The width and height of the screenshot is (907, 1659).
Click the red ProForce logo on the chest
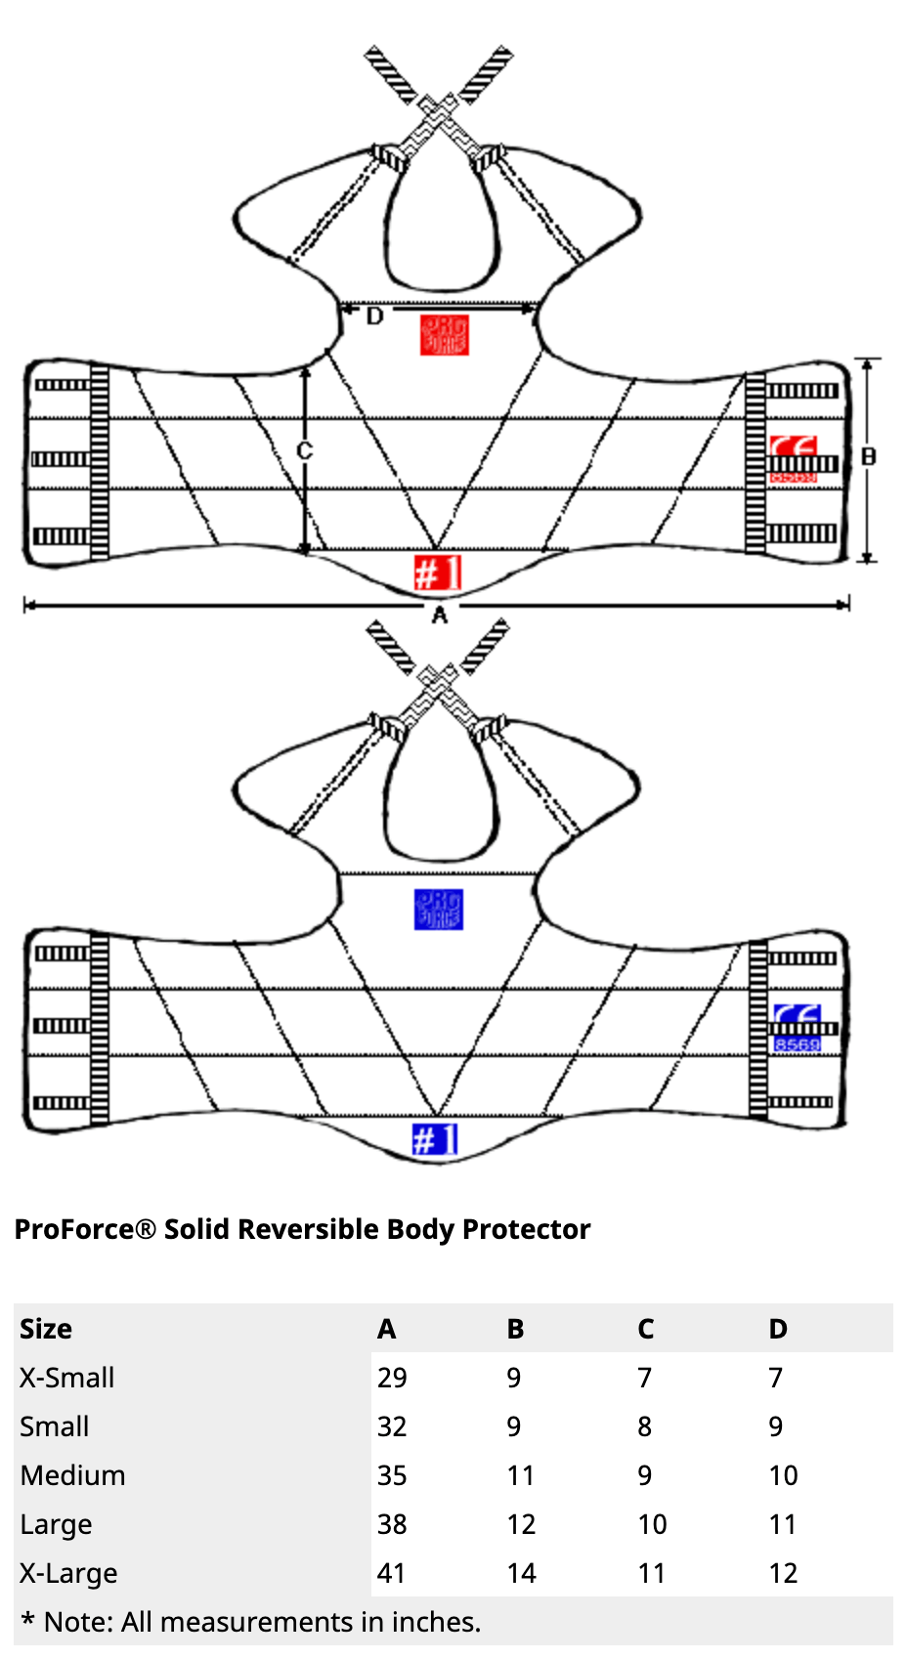[x=445, y=335]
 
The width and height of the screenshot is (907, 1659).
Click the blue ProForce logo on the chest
[x=438, y=910]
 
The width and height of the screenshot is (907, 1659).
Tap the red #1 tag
[x=436, y=573]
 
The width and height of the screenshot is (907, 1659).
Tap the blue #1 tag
[x=434, y=1139]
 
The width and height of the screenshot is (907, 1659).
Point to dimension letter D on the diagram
[x=374, y=317]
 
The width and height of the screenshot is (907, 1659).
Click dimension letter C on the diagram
[x=304, y=450]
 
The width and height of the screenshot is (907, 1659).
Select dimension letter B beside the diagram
[x=868, y=456]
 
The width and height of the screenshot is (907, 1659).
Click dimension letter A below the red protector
[x=439, y=615]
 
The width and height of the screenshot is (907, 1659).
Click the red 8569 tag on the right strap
[x=793, y=477]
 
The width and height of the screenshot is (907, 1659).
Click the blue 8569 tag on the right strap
[x=797, y=1044]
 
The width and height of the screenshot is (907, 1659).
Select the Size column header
[x=46, y=1329]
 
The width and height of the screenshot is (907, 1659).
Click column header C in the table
[x=645, y=1329]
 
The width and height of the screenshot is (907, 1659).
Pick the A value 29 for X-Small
[x=392, y=1378]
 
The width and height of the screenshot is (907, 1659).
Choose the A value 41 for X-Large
[x=391, y=1573]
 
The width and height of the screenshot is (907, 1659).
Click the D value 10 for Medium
[x=783, y=1475]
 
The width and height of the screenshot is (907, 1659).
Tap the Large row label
[x=56, y=1524]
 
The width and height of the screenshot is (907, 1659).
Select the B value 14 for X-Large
[x=521, y=1573]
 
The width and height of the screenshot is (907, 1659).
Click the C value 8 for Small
[x=644, y=1426]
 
